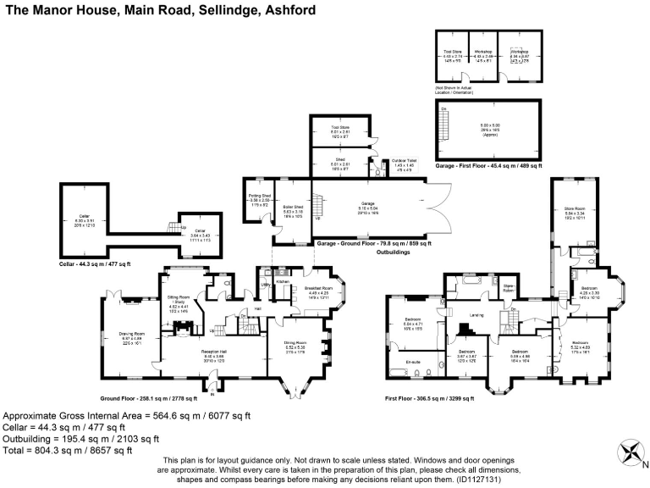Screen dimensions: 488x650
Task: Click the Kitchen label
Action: point(283,280)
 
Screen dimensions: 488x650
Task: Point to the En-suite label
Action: point(414,362)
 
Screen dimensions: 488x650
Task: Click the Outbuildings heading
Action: point(393,252)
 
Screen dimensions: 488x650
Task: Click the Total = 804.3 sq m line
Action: point(68,451)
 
